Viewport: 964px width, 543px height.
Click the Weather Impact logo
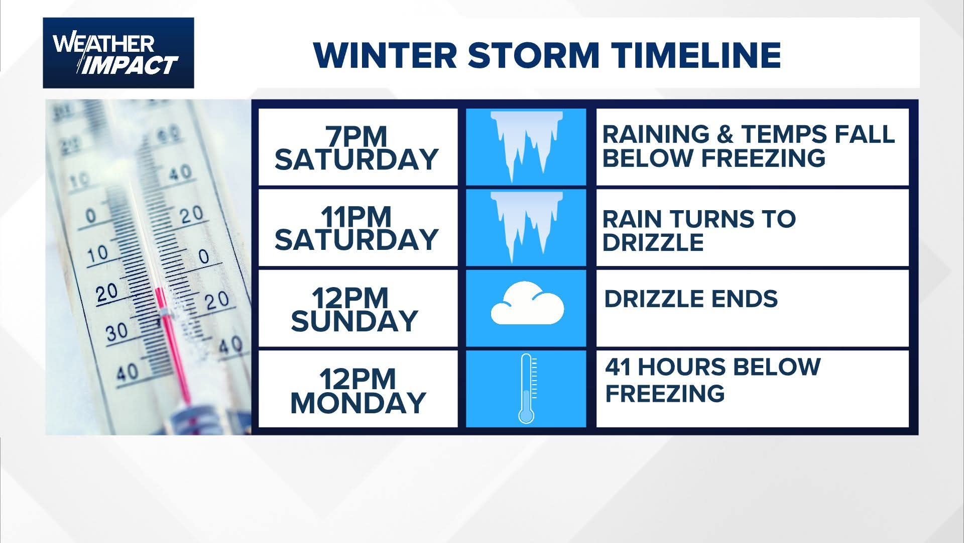[x=118, y=53]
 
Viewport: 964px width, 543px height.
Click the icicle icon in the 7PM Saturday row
[x=526, y=144]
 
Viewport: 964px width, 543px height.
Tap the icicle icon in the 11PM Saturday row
[x=526, y=224]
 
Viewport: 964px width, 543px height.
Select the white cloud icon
[x=527, y=303]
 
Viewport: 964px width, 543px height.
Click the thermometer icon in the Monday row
[x=526, y=388]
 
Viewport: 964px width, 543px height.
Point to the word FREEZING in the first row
[x=763, y=158]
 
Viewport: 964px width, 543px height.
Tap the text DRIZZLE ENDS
[x=691, y=299]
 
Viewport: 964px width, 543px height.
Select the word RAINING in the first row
[x=656, y=134]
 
